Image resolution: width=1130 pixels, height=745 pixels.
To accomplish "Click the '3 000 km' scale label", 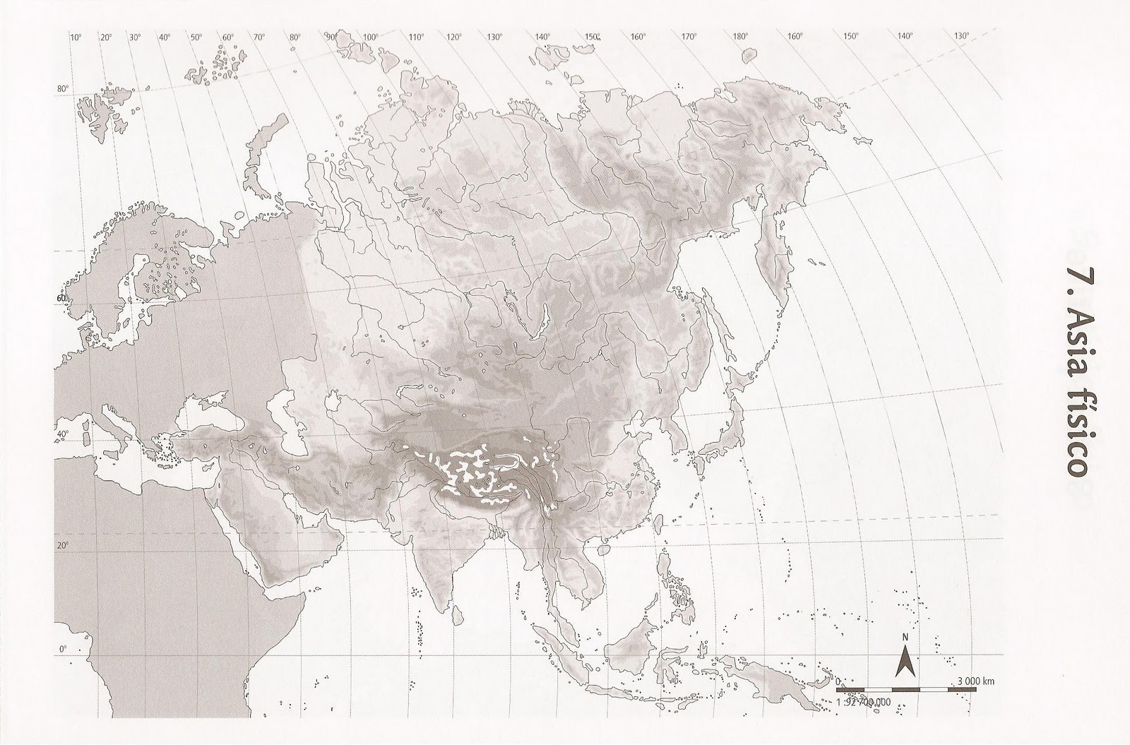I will coord(976,681).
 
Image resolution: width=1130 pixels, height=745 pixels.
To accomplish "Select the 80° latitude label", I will coord(62,89).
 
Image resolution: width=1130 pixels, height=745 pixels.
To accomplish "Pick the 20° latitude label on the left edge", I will coord(63,545).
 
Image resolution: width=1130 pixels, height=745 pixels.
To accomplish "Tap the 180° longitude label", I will coord(740,37).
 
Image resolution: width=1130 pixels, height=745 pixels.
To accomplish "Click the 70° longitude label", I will coord(259,37).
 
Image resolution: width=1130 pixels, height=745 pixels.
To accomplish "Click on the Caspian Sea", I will coord(295,410).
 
